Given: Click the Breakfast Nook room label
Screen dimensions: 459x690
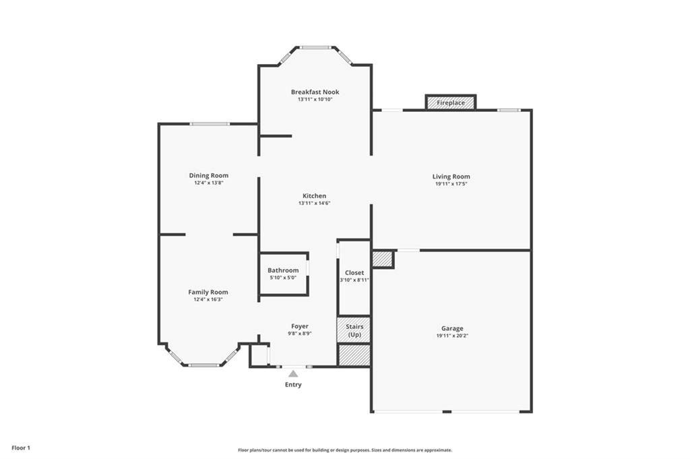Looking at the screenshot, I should pos(315,92).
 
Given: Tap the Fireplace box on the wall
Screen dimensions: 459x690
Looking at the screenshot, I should pos(451,102).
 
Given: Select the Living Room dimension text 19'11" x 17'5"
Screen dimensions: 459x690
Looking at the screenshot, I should pos(451,183).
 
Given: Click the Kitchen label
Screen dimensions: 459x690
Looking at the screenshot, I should pos(314,195).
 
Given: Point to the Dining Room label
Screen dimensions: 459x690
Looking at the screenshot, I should pos(208,175).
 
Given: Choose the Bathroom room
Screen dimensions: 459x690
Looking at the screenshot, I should pos(283,273).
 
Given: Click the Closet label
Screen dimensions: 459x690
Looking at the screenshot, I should pos(354,272).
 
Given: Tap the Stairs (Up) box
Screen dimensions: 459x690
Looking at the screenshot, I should pos(354,330).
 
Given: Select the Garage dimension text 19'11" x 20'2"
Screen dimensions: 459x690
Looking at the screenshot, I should pos(451,335).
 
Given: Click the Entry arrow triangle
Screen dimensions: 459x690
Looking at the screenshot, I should pos(292,373).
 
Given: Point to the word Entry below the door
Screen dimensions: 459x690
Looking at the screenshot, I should pos(293,385).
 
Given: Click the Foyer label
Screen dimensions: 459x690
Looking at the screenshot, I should pos(300,326).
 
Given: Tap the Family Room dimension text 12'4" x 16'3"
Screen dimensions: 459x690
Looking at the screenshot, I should pos(208,299).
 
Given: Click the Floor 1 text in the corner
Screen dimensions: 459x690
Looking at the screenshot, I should pos(21,448).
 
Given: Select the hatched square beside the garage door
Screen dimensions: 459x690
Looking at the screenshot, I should pos(382,259).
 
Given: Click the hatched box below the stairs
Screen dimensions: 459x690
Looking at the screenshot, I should pos(354,355).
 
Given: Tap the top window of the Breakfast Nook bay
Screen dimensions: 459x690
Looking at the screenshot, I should pos(315,47).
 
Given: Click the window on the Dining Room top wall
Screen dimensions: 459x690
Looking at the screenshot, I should pos(209,123).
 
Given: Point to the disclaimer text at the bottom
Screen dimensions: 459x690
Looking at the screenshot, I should pos(344,450).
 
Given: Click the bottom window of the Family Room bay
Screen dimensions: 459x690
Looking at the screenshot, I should pos(203,365).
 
